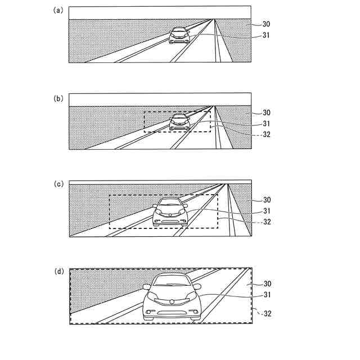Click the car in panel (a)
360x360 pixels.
tap(179, 35)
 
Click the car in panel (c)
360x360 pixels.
tap(170, 211)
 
